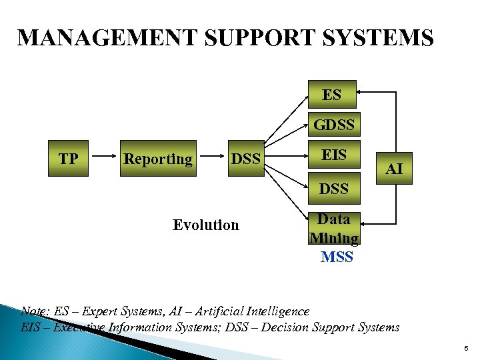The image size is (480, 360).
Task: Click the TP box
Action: pos(68,159)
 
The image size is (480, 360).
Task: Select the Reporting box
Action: pos(158,159)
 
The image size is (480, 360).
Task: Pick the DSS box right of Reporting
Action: pos(245,159)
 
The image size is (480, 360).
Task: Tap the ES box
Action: pos(331,95)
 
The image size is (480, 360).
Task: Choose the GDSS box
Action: pos(334,125)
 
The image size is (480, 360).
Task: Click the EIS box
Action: pos(334,155)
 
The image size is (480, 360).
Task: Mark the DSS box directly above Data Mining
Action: pos(334,189)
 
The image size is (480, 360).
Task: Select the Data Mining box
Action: pos(334,228)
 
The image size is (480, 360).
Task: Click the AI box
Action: pos(394,168)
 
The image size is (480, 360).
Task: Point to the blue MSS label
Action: pos(336,257)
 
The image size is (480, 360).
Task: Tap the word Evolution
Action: pos(205,225)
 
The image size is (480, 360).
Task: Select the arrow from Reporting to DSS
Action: pos(211,159)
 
